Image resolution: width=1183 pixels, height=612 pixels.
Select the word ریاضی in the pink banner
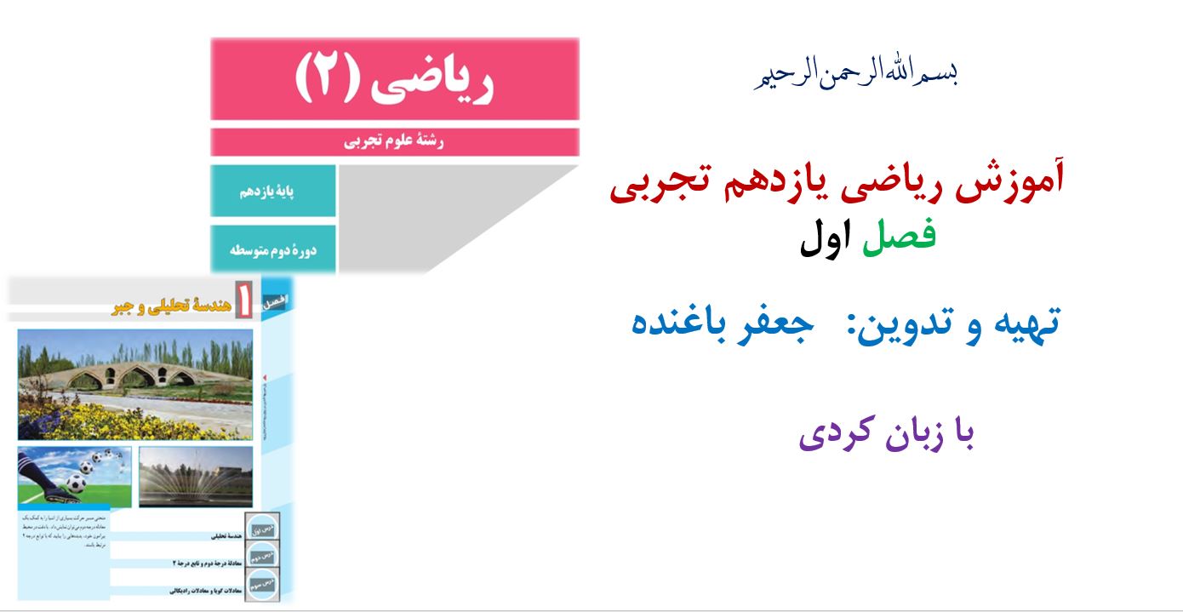(443, 80)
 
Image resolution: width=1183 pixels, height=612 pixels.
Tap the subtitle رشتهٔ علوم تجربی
(394, 142)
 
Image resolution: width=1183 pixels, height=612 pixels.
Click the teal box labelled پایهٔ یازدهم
(271, 192)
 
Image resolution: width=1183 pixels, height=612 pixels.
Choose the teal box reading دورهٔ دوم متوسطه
(271, 250)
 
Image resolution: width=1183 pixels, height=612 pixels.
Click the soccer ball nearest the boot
(75, 483)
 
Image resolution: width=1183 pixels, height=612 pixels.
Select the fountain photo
(196, 476)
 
